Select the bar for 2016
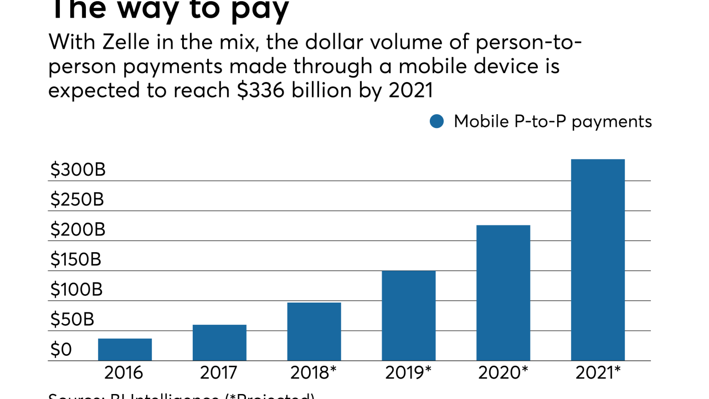coord(125,350)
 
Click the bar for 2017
coord(219,342)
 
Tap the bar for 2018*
coord(314,331)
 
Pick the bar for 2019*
coord(409,316)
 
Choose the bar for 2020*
coord(504,293)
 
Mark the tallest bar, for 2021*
coord(598,260)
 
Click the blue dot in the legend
coord(437,121)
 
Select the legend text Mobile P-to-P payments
coord(553,121)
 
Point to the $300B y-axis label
coord(78,170)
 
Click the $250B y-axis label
coord(77,200)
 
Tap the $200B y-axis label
coord(78,230)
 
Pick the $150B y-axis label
coord(76,260)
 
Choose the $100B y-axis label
coord(77,290)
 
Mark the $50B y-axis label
coord(72,320)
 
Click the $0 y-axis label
coord(61,350)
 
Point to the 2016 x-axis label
coord(124,373)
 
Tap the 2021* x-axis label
coord(598,373)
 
